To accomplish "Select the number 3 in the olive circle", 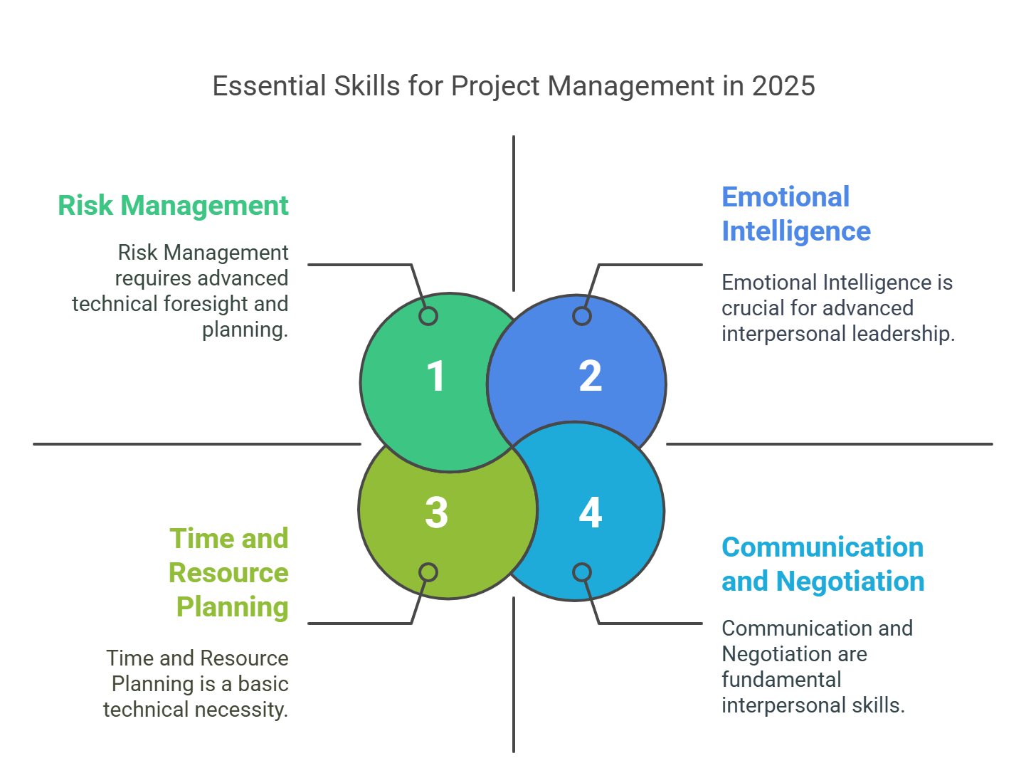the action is click(436, 512).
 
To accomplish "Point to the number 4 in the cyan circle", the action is click(590, 512).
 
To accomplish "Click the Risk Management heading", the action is click(173, 205).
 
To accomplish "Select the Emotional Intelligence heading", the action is click(796, 214).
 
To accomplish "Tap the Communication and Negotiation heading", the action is click(823, 564).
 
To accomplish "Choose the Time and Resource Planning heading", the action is click(228, 572).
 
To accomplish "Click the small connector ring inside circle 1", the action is click(428, 316).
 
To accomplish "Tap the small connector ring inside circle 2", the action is click(581, 316).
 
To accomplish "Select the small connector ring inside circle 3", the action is click(428, 572).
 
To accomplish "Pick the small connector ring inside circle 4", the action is click(581, 572).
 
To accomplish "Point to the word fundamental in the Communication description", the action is click(781, 680).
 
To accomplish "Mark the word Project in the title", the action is click(495, 87).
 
